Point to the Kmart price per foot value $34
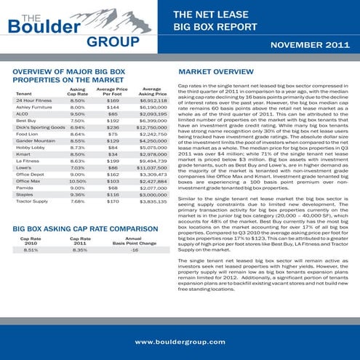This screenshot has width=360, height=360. [x=113, y=154]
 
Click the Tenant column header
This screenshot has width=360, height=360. [x=23, y=94]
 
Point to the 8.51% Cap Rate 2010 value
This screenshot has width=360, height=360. [x=31, y=249]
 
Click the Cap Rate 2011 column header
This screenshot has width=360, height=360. [x=80, y=239]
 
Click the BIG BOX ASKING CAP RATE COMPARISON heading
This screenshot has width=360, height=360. [x=87, y=228]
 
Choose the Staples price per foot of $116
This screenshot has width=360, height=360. [x=113, y=195]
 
